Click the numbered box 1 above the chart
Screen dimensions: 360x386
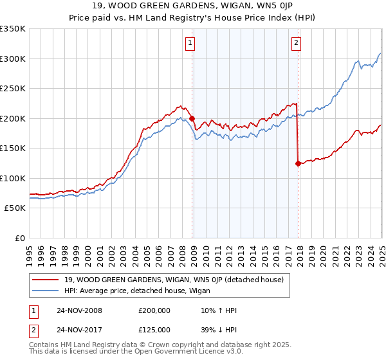point(191,43)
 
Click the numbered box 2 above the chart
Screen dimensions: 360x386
point(297,43)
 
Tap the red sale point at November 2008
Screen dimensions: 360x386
point(192,118)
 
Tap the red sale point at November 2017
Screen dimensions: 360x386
point(299,163)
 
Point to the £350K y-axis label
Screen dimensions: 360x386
point(13,29)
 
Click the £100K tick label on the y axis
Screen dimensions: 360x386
point(13,179)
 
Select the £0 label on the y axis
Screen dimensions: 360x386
point(19,239)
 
